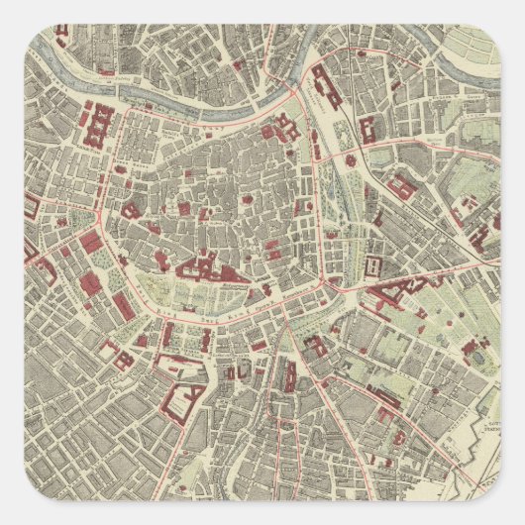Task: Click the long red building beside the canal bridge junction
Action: click(326, 89)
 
